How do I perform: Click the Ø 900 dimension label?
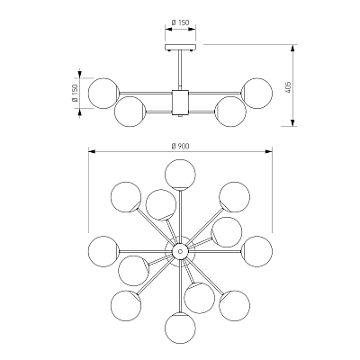click(x=180, y=146)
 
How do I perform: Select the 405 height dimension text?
click(x=289, y=87)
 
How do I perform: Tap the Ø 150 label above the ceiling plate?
click(x=180, y=22)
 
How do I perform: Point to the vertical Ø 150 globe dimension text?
click(x=75, y=93)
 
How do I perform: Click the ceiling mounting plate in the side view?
click(x=180, y=47)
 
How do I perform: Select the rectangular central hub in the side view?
click(x=180, y=103)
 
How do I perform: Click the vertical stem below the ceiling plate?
click(x=180, y=69)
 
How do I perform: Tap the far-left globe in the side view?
click(x=103, y=94)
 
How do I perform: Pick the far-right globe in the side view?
click(x=257, y=94)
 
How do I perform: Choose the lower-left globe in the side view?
click(x=130, y=112)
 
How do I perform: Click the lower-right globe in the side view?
click(x=230, y=112)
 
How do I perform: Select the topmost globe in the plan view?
click(x=180, y=175)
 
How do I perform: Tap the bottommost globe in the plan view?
click(x=180, y=328)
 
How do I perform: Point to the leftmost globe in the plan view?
click(x=103, y=251)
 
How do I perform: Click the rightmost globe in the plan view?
click(x=257, y=251)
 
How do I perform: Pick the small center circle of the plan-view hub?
click(x=180, y=251)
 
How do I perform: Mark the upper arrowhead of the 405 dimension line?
click(x=293, y=48)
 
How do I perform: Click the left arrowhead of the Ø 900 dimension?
click(x=92, y=152)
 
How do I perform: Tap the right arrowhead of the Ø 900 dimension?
click(x=268, y=152)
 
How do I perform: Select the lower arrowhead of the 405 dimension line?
click(x=293, y=123)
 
